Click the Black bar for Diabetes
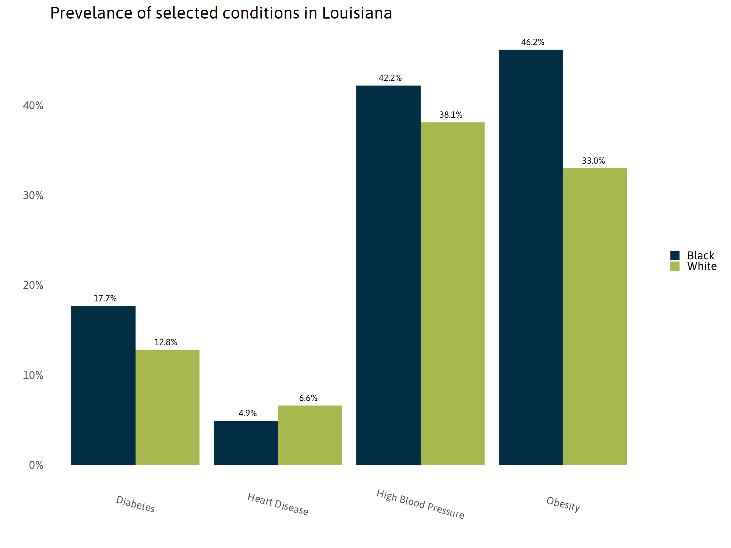tap(103, 385)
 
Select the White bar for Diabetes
tap(167, 407)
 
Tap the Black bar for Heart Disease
tap(246, 443)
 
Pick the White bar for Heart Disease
tap(310, 435)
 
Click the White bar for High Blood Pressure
tap(452, 294)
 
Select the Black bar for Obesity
tap(531, 257)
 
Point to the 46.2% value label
tap(532, 42)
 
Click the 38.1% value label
tap(450, 115)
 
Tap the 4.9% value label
tap(248, 413)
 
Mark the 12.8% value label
tap(166, 342)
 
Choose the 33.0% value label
tap(593, 161)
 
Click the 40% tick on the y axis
tap(33, 106)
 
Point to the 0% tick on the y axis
tap(36, 465)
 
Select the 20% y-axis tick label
tap(33, 285)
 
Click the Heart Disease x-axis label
tap(278, 504)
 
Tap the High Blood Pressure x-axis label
tap(420, 504)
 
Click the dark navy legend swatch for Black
tap(675, 255)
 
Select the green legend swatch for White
tap(675, 266)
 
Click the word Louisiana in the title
tap(357, 13)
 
